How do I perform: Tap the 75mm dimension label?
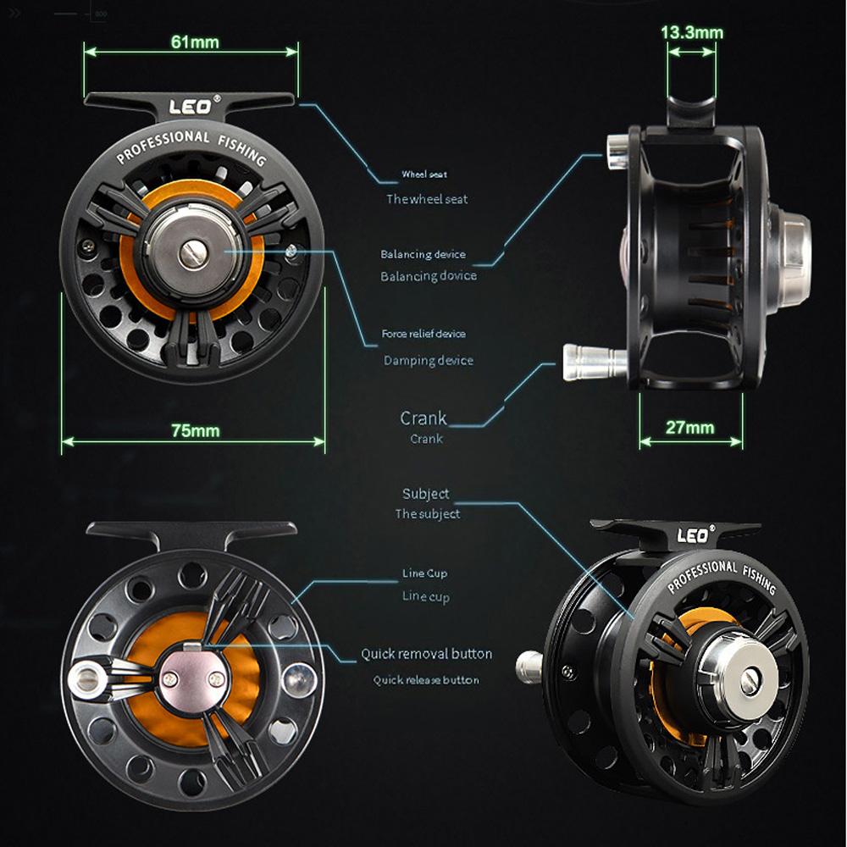tap(195, 430)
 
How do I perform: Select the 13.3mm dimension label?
tap(692, 33)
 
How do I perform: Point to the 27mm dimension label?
tap(689, 428)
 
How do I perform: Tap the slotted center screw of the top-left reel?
tap(191, 253)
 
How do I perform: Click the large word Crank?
tap(423, 418)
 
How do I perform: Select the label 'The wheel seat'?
tap(427, 199)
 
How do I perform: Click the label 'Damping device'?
tap(428, 361)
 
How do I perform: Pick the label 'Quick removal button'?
tap(426, 654)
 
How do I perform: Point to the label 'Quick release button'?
tap(426, 680)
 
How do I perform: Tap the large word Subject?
tap(425, 494)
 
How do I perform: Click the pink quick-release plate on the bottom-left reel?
tap(194, 669)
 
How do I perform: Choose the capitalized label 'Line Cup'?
tap(425, 573)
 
